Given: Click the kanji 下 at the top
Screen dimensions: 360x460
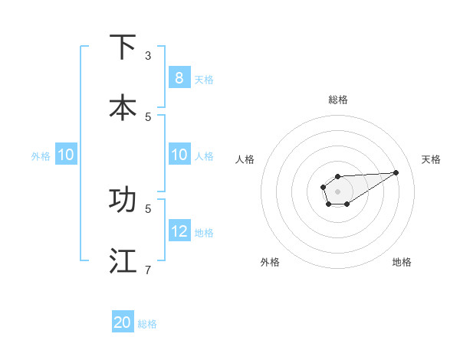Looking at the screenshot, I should pyautogui.click(x=123, y=47).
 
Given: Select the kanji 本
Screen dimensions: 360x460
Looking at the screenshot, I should pyautogui.click(x=123, y=107).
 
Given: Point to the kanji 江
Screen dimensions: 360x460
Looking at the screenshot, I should pyautogui.click(x=123, y=260).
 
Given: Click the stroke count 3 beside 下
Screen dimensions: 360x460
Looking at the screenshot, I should pyautogui.click(x=148, y=56).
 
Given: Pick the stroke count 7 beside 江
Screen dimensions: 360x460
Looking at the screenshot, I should pyautogui.click(x=148, y=270).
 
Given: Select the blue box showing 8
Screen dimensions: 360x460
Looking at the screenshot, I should pyautogui.click(x=179, y=77).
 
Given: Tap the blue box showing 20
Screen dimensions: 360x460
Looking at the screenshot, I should pyautogui.click(x=123, y=322).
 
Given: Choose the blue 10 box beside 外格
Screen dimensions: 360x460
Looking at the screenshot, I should pyautogui.click(x=65, y=155).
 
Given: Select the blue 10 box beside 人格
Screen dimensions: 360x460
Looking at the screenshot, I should pyautogui.click(x=179, y=155).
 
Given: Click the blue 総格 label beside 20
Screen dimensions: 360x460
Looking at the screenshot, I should pyautogui.click(x=147, y=324).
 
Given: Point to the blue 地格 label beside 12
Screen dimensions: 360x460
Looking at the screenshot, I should pyautogui.click(x=204, y=232).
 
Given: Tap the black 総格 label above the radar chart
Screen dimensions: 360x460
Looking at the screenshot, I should pyautogui.click(x=338, y=100).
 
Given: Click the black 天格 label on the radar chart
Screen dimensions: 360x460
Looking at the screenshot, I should pyautogui.click(x=431, y=159).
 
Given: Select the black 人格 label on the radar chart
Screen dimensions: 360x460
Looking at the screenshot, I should pyautogui.click(x=245, y=159).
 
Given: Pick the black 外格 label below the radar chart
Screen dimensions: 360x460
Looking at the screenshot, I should pyautogui.click(x=270, y=262).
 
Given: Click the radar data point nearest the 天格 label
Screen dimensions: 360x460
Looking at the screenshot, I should pyautogui.click(x=396, y=172).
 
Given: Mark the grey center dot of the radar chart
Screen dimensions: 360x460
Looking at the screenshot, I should pyautogui.click(x=338, y=191).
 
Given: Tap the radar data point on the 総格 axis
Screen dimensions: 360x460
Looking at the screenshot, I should pyautogui.click(x=338, y=177).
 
